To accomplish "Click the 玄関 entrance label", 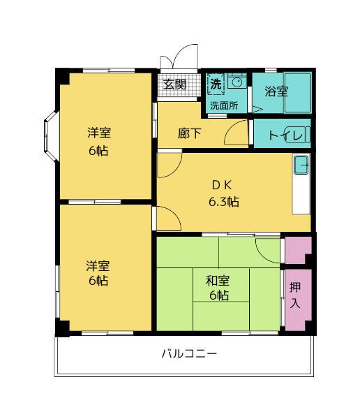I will (175, 84).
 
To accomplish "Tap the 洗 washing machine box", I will (216, 83).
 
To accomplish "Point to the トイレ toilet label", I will (284, 135).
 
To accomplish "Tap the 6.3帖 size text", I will (223, 203).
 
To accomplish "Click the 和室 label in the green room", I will (218, 281).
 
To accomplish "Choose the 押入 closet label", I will (296, 295).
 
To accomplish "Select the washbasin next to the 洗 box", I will (237, 83).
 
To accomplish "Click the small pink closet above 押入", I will (297, 250).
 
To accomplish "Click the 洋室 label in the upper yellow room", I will (98, 133).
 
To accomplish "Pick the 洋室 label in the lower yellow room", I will (98, 266).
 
